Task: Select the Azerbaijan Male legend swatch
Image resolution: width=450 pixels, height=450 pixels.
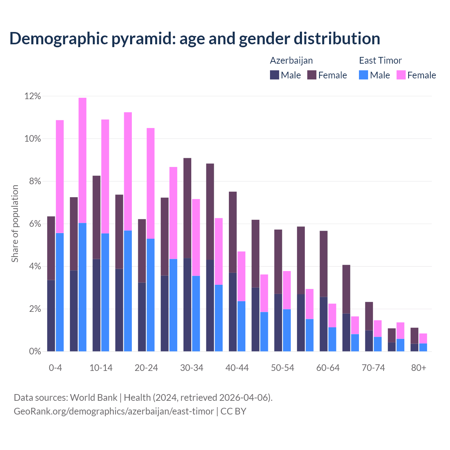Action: [x=274, y=75]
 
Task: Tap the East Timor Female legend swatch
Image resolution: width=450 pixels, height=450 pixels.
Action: [x=401, y=75]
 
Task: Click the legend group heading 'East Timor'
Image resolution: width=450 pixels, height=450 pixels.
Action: [x=380, y=60]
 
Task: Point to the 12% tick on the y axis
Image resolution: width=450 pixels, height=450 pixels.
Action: [x=33, y=96]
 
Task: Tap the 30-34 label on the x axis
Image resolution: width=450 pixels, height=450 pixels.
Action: [x=192, y=368]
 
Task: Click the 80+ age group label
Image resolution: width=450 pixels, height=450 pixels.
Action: [x=419, y=368]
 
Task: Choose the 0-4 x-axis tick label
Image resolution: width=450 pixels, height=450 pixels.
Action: [x=56, y=368]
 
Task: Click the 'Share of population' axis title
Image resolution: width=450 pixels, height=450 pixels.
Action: [x=15, y=224]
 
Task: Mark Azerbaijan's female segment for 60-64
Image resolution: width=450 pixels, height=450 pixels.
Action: [x=323, y=264]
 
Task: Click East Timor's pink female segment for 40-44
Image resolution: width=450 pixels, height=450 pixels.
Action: [x=242, y=276]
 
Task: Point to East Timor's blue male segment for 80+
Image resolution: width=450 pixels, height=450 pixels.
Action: [x=423, y=347]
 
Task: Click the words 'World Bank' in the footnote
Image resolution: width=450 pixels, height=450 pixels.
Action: [x=94, y=398]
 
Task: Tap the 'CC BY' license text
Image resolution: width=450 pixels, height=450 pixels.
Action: [x=233, y=411]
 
